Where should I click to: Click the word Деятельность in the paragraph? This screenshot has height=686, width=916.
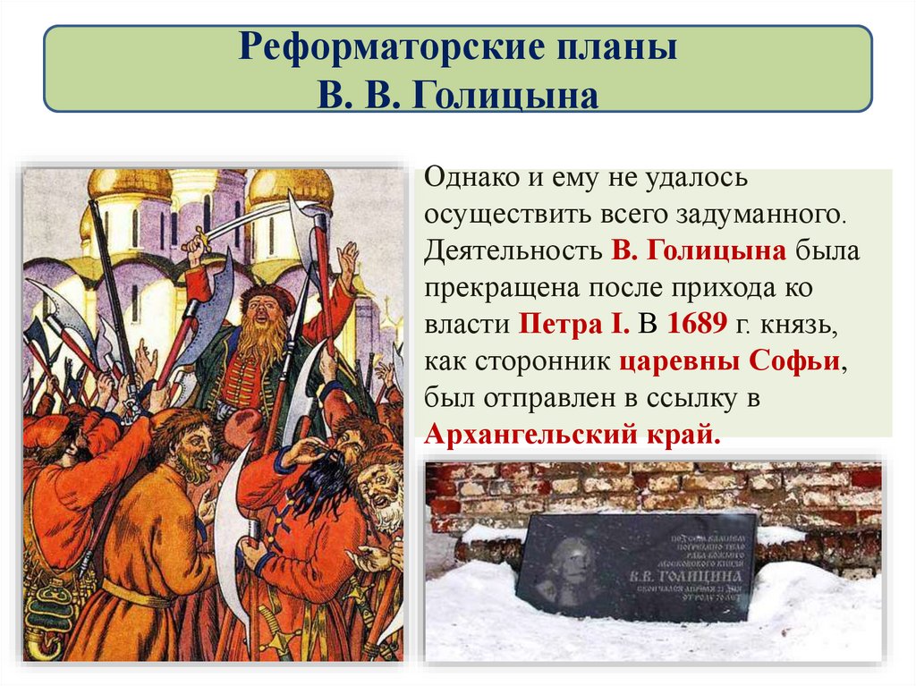tap(513, 250)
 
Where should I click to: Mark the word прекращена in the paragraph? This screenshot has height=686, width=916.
tap(500, 287)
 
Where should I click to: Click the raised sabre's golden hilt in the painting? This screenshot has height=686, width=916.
tap(195, 242)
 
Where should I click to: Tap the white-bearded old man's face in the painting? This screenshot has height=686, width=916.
tap(380, 492)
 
